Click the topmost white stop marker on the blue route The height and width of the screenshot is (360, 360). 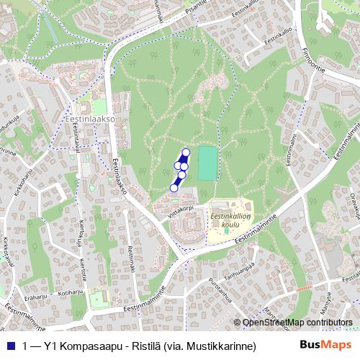click(x=185, y=152)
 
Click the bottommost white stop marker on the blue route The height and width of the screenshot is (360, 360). click(x=174, y=188)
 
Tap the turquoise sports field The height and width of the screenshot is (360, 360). click(x=207, y=163)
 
